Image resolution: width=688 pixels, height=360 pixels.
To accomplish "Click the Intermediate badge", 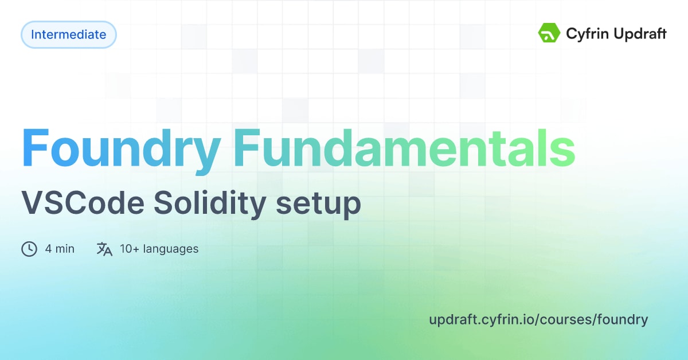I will coord(69,35).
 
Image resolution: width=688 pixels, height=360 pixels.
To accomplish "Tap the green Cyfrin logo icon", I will coord(549,33).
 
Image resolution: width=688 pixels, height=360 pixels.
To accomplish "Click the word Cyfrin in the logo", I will coord(586,34).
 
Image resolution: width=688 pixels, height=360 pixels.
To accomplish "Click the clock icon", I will coord(29,249).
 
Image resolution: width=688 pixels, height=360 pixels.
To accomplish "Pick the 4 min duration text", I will coord(60,249).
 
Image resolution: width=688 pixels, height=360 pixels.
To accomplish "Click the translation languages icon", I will coord(104,249).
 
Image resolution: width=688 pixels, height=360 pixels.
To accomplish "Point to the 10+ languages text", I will coord(159,249).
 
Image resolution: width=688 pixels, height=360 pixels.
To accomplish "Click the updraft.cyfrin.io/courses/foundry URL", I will coord(538,320).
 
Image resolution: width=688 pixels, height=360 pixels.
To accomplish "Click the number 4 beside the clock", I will coord(49,249).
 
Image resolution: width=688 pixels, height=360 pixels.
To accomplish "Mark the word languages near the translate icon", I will coord(171,249).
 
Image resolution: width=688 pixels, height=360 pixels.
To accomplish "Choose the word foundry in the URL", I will coord(622,320).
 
